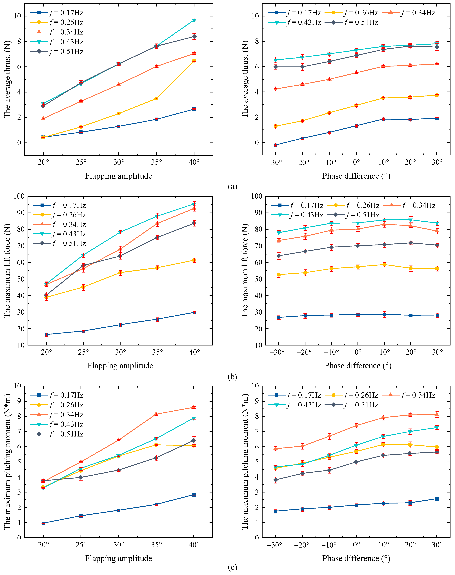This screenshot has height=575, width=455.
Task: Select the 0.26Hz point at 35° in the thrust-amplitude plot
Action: tap(156, 98)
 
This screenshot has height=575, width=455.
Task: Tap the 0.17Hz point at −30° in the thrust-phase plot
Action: tap(276, 145)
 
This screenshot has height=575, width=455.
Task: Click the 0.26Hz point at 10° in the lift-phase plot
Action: tap(384, 265)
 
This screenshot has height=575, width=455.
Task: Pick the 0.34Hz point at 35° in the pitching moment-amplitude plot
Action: tap(156, 414)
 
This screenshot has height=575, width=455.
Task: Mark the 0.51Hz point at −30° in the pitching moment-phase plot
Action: tap(276, 480)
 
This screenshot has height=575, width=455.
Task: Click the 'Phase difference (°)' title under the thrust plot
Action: tap(356, 176)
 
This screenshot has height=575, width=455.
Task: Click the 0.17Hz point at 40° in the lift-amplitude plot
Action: tap(194, 312)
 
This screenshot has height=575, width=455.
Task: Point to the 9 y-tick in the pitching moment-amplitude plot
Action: tap(19, 401)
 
